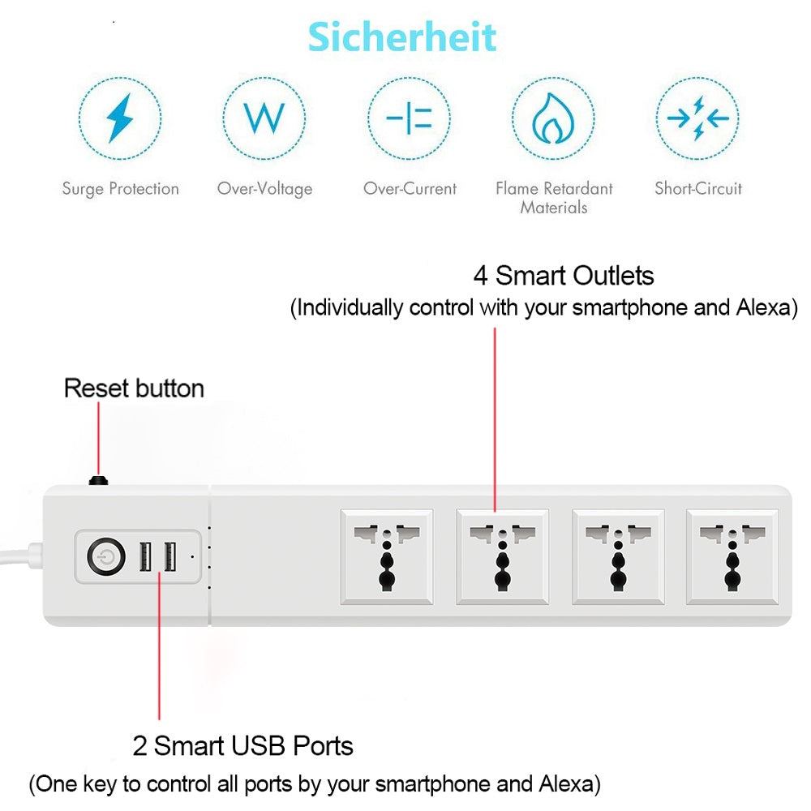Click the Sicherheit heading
click(402, 37)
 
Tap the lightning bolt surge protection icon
click(119, 118)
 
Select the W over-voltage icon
click(264, 118)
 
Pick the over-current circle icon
click(409, 118)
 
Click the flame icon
click(553, 118)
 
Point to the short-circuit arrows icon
click(697, 118)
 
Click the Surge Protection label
click(121, 189)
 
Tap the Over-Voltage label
click(265, 189)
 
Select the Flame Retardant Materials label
click(554, 198)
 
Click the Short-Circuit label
click(698, 188)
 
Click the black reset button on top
click(98, 480)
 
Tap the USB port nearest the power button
click(146, 556)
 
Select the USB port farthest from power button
click(169, 556)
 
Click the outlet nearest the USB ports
click(387, 556)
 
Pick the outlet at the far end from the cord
click(732, 556)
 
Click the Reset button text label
click(134, 388)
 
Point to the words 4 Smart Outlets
click(564, 276)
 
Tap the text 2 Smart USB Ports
click(242, 746)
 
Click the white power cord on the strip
click(22, 556)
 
